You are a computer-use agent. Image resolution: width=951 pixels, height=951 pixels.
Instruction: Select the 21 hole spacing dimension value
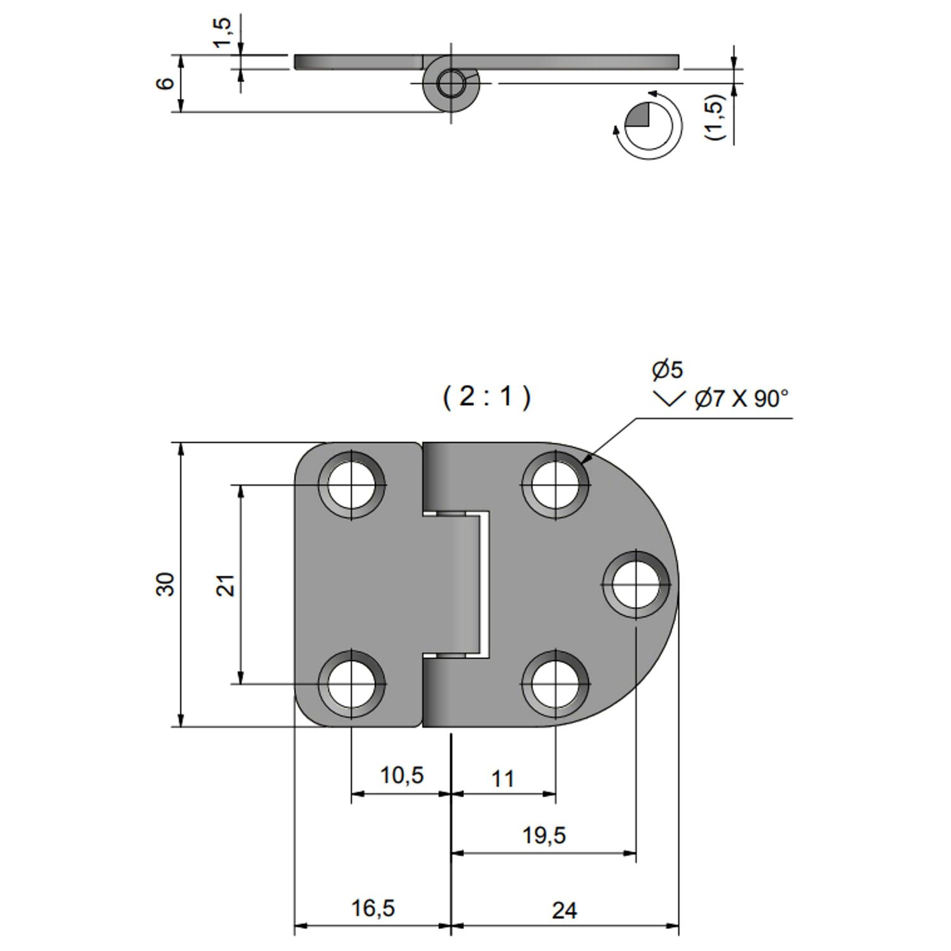pos(226,585)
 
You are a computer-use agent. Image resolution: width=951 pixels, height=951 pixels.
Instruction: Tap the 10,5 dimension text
pos(401,775)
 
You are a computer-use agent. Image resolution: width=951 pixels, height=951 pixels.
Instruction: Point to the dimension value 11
pos(502,779)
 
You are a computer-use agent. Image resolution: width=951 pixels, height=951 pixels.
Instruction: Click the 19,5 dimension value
pos(544,836)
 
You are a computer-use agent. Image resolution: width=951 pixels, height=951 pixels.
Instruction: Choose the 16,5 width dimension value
pos(373,909)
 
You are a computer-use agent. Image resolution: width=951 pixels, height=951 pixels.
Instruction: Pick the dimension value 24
pos(564,910)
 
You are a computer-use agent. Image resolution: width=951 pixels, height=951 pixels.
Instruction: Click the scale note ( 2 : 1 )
pos(486,397)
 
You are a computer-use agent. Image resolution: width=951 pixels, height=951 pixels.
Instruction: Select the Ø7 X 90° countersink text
pos(741,399)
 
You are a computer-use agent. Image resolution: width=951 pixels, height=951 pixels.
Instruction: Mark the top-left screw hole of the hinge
pos(353,486)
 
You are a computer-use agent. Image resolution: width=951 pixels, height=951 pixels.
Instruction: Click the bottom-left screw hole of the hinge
pos(353,683)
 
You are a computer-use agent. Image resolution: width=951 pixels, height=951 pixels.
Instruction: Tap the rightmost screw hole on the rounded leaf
pos(636,584)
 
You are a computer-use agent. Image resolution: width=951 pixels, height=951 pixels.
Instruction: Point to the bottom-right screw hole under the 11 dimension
pos(555,683)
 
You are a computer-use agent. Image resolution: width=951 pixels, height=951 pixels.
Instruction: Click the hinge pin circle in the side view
pos(451,84)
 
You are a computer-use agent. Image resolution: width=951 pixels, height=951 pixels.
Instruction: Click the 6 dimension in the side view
pos(164,83)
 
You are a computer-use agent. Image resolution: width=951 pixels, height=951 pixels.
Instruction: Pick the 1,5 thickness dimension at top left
pos(222,33)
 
